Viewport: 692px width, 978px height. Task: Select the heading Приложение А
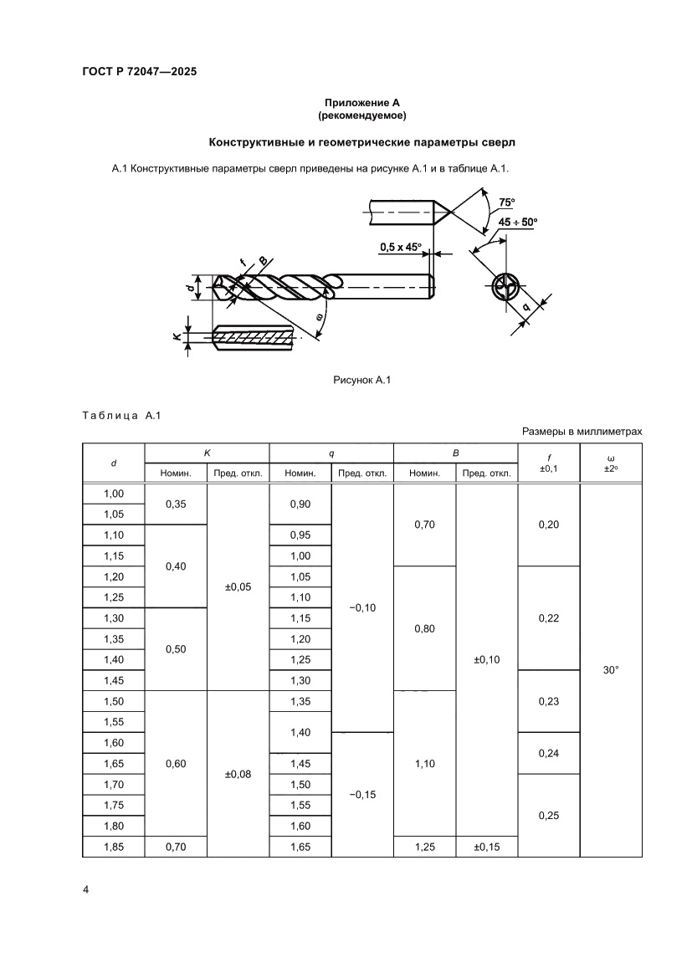click(361, 103)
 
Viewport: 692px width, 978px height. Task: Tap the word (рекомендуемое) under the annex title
click(361, 115)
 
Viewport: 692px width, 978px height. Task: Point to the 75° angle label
click(506, 202)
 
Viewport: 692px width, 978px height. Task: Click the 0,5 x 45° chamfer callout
click(401, 248)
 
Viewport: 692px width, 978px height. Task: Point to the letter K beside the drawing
click(177, 337)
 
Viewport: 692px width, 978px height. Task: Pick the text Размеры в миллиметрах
click(582, 432)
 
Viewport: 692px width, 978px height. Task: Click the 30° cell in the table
click(610, 670)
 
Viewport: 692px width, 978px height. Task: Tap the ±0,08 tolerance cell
click(238, 774)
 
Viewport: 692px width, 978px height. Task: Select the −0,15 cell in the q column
click(362, 794)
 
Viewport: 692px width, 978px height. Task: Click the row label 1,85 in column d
click(114, 847)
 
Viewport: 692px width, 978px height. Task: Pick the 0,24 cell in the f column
click(548, 753)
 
